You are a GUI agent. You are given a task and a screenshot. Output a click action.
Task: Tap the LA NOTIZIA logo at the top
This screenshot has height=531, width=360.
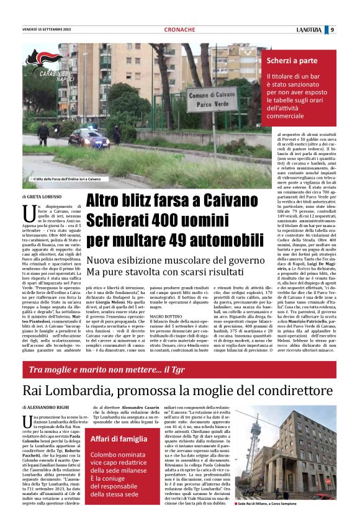[x=309, y=29]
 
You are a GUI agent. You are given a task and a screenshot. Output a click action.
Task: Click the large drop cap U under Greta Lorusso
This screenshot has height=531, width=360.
[x=30, y=213]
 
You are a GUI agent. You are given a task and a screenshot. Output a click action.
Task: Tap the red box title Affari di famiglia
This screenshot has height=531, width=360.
[x=121, y=440]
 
